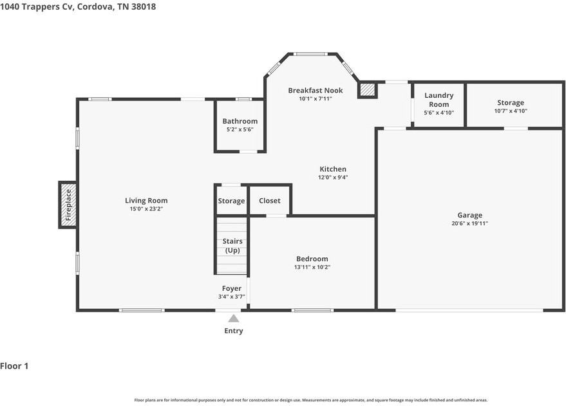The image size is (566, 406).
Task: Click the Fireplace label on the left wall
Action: (69, 205)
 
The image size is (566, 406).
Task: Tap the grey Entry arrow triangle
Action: (234, 318)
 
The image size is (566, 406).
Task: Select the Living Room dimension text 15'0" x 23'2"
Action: (146, 208)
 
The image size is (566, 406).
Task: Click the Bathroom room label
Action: (240, 121)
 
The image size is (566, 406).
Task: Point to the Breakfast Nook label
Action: (316, 91)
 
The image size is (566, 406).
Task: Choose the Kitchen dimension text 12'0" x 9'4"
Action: (333, 178)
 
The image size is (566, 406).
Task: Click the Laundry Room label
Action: (439, 100)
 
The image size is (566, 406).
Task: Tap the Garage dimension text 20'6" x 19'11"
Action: (469, 223)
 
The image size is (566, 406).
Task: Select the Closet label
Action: (270, 201)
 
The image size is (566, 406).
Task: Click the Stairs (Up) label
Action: (232, 246)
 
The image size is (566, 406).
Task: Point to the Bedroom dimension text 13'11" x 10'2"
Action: (312, 267)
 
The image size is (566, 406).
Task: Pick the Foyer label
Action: (232, 288)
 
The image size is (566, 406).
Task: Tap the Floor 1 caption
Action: (14, 366)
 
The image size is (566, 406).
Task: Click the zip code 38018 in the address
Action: (144, 6)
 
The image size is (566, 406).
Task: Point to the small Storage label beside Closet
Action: (231, 201)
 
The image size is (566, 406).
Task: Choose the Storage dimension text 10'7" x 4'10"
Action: (511, 111)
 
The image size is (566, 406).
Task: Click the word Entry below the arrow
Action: (234, 331)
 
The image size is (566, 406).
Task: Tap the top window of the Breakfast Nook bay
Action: (310, 54)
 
